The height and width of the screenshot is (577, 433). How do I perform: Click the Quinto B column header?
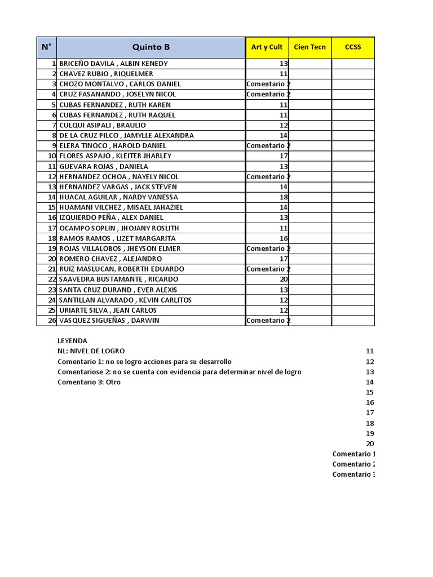pos(151,47)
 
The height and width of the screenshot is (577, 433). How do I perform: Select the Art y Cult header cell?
pos(267,47)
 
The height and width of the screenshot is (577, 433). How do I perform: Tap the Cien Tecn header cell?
pos(310,47)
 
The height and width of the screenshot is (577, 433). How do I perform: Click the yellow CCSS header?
pos(353,47)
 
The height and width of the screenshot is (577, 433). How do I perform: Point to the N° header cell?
pos(46,47)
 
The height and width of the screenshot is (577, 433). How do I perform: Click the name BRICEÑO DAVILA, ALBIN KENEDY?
pos(113,64)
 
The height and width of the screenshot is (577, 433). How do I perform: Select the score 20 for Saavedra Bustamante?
pos(284,279)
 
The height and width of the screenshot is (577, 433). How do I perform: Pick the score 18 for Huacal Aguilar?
pos(284,197)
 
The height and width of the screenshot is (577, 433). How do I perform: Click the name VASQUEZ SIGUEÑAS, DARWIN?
pos(109,321)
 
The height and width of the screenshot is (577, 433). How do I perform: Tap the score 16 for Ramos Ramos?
pos(284,238)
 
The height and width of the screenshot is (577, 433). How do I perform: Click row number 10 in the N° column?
pos(51,156)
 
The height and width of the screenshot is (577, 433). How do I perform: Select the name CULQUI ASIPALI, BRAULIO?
pos(102,125)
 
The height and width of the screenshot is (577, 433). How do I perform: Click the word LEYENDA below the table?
pos(72,341)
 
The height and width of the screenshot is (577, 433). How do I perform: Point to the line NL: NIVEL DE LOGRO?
pos(91,351)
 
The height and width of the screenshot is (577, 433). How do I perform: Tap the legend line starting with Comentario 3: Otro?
pos(89,382)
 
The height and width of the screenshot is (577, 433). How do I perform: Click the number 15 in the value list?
pos(370,392)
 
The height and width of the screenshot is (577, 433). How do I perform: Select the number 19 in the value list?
pos(370,433)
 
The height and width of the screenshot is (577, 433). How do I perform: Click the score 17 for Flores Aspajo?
pos(284,156)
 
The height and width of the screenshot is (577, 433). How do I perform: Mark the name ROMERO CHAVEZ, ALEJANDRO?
pos(111,259)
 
